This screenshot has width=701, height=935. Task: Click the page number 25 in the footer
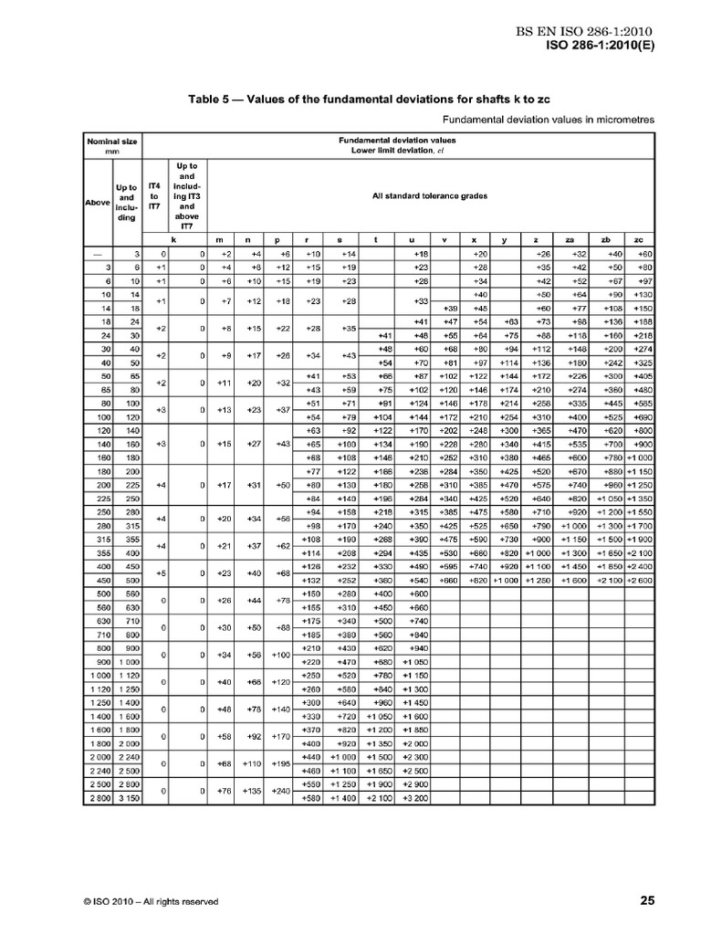click(x=646, y=901)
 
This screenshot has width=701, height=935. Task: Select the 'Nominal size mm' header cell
click(x=111, y=146)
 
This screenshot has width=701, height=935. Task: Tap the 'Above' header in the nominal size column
click(x=98, y=202)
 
